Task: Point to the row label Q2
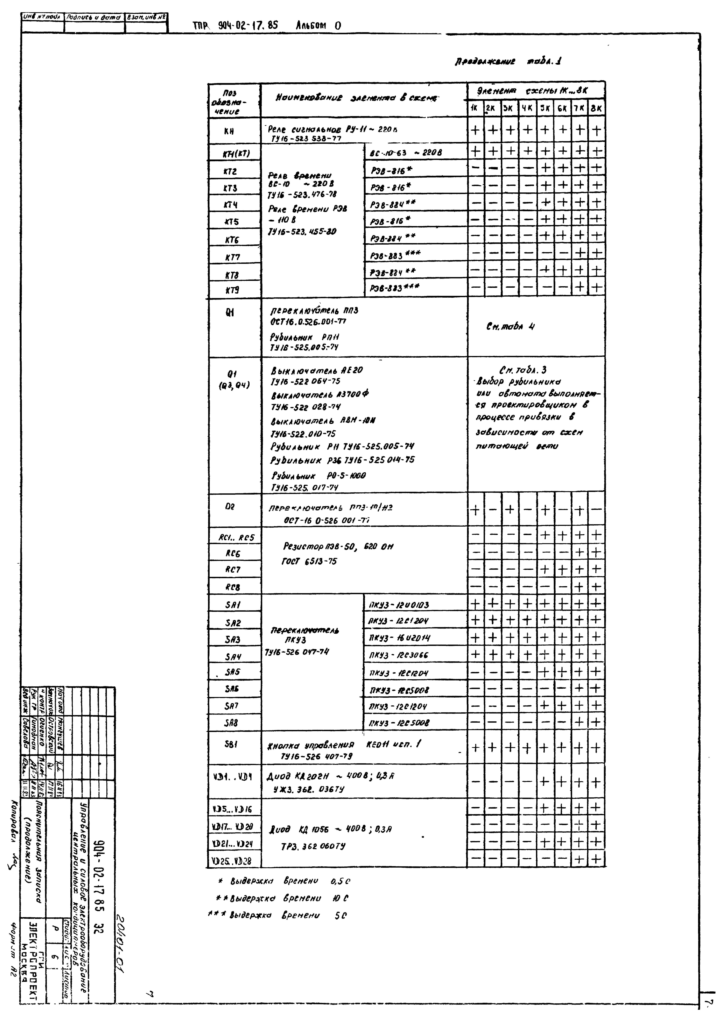230,506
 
